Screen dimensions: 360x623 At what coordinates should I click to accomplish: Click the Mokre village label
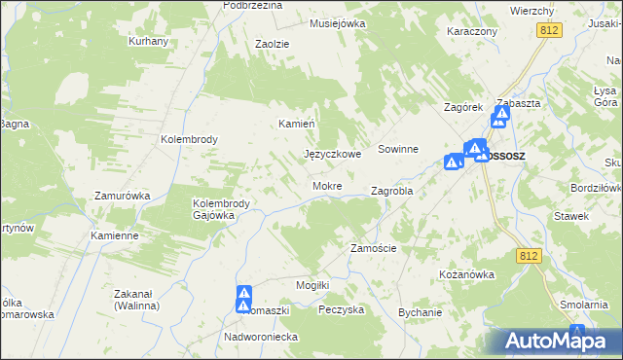click(326, 185)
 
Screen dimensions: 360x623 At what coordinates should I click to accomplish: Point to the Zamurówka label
click(122, 196)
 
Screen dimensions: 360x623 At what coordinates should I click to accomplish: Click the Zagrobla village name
click(392, 192)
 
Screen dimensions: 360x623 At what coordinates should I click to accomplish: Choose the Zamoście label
click(373, 248)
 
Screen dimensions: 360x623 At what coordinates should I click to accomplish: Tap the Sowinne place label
click(398, 149)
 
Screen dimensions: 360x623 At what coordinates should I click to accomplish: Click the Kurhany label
click(149, 41)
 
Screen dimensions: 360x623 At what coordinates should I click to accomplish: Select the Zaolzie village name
click(273, 44)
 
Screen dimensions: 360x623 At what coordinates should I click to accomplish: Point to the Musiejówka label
click(337, 22)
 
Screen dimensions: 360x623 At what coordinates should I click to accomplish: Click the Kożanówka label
click(467, 274)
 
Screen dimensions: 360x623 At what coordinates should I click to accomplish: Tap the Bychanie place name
click(421, 312)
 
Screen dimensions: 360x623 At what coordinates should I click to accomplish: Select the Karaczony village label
click(472, 31)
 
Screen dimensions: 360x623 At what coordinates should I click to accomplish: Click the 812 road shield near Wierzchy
click(550, 31)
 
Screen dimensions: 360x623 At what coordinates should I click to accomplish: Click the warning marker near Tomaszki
click(243, 299)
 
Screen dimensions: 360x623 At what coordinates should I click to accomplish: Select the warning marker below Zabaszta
click(500, 118)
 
